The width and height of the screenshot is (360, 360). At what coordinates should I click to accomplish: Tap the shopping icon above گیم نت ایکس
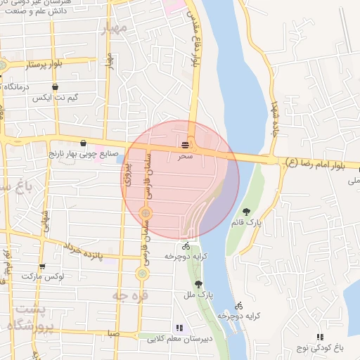click(35, 86)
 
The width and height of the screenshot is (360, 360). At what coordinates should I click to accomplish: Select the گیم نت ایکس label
click(50, 98)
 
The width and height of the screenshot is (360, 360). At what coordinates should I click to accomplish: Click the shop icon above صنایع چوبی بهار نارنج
click(83, 141)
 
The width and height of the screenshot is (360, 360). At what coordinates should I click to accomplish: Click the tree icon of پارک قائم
click(246, 212)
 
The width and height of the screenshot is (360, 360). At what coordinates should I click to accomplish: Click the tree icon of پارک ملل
click(200, 284)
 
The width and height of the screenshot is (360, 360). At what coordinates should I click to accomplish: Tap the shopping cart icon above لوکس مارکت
click(42, 266)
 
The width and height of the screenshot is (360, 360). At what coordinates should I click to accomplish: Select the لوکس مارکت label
click(63, 277)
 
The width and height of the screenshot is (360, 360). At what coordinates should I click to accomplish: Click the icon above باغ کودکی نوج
click(321, 337)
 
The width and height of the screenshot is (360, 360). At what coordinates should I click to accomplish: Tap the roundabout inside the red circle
click(146, 212)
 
